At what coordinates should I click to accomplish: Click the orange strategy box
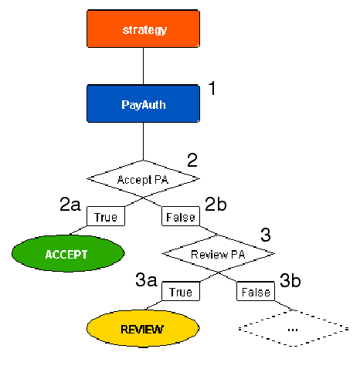tap(144, 30)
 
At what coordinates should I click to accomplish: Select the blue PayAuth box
tap(144, 104)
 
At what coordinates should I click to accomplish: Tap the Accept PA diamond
tap(144, 179)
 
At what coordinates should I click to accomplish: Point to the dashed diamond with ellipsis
tap(293, 329)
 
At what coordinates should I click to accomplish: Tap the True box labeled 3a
tap(181, 292)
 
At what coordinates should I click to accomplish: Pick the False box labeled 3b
tap(255, 292)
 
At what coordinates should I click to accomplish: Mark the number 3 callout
tap(266, 235)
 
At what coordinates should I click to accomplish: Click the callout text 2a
tap(70, 205)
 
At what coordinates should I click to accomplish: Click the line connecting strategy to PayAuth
tap(144, 66)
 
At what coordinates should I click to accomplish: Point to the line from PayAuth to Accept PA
tap(144, 142)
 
